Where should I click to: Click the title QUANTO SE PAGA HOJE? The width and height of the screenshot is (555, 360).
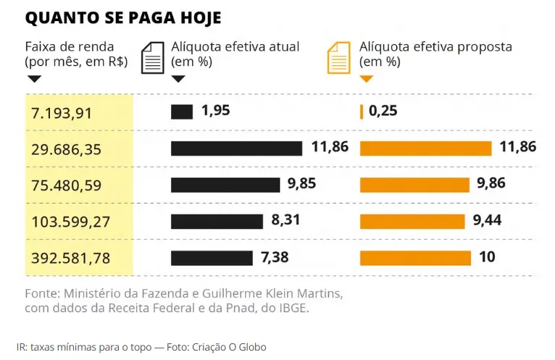point(123,17)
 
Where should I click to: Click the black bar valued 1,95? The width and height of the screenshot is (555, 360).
point(182,112)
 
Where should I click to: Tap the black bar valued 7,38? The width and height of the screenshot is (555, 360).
point(212,257)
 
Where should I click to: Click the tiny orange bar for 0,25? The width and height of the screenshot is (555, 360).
point(361,112)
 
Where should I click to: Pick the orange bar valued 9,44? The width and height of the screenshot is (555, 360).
point(414,221)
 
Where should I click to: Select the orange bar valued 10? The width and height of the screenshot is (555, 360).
point(415,257)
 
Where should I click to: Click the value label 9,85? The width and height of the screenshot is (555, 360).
point(302,185)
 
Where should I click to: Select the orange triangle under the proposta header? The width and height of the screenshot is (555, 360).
point(366,78)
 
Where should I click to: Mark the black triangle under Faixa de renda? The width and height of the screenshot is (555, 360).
point(33,78)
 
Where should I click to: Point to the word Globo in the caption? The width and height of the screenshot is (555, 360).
point(252,347)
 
